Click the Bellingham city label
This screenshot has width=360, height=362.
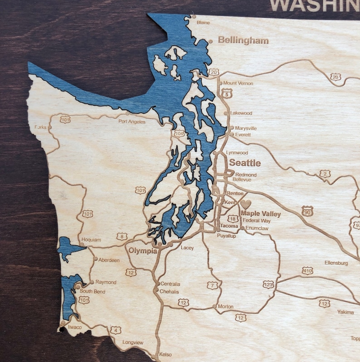tap(243, 40)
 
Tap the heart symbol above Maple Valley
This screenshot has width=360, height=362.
tap(245, 205)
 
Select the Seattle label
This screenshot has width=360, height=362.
tap(245, 162)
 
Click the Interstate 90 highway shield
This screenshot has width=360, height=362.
tap(307, 211)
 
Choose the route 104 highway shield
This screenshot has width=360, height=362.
tap(179, 133)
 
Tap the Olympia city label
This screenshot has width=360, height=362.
tap(142, 250)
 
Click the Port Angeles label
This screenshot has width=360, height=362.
tap(132, 122)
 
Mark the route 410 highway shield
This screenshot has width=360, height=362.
tap(307, 271)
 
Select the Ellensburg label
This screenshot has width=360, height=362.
tap(336, 263)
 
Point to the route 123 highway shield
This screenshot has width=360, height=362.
tap(268, 284)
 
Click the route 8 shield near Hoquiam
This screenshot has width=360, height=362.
tap(122, 236)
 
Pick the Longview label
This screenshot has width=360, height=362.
tap(133, 342)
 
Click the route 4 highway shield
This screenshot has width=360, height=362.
tap(116, 330)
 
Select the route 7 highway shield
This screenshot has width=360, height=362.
tap(212, 285)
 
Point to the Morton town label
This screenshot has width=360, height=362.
tap(225, 307)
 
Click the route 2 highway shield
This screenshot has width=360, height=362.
tap(325, 174)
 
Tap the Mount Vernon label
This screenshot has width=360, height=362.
tap(238, 83)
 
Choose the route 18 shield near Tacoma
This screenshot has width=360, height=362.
tap(233, 219)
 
